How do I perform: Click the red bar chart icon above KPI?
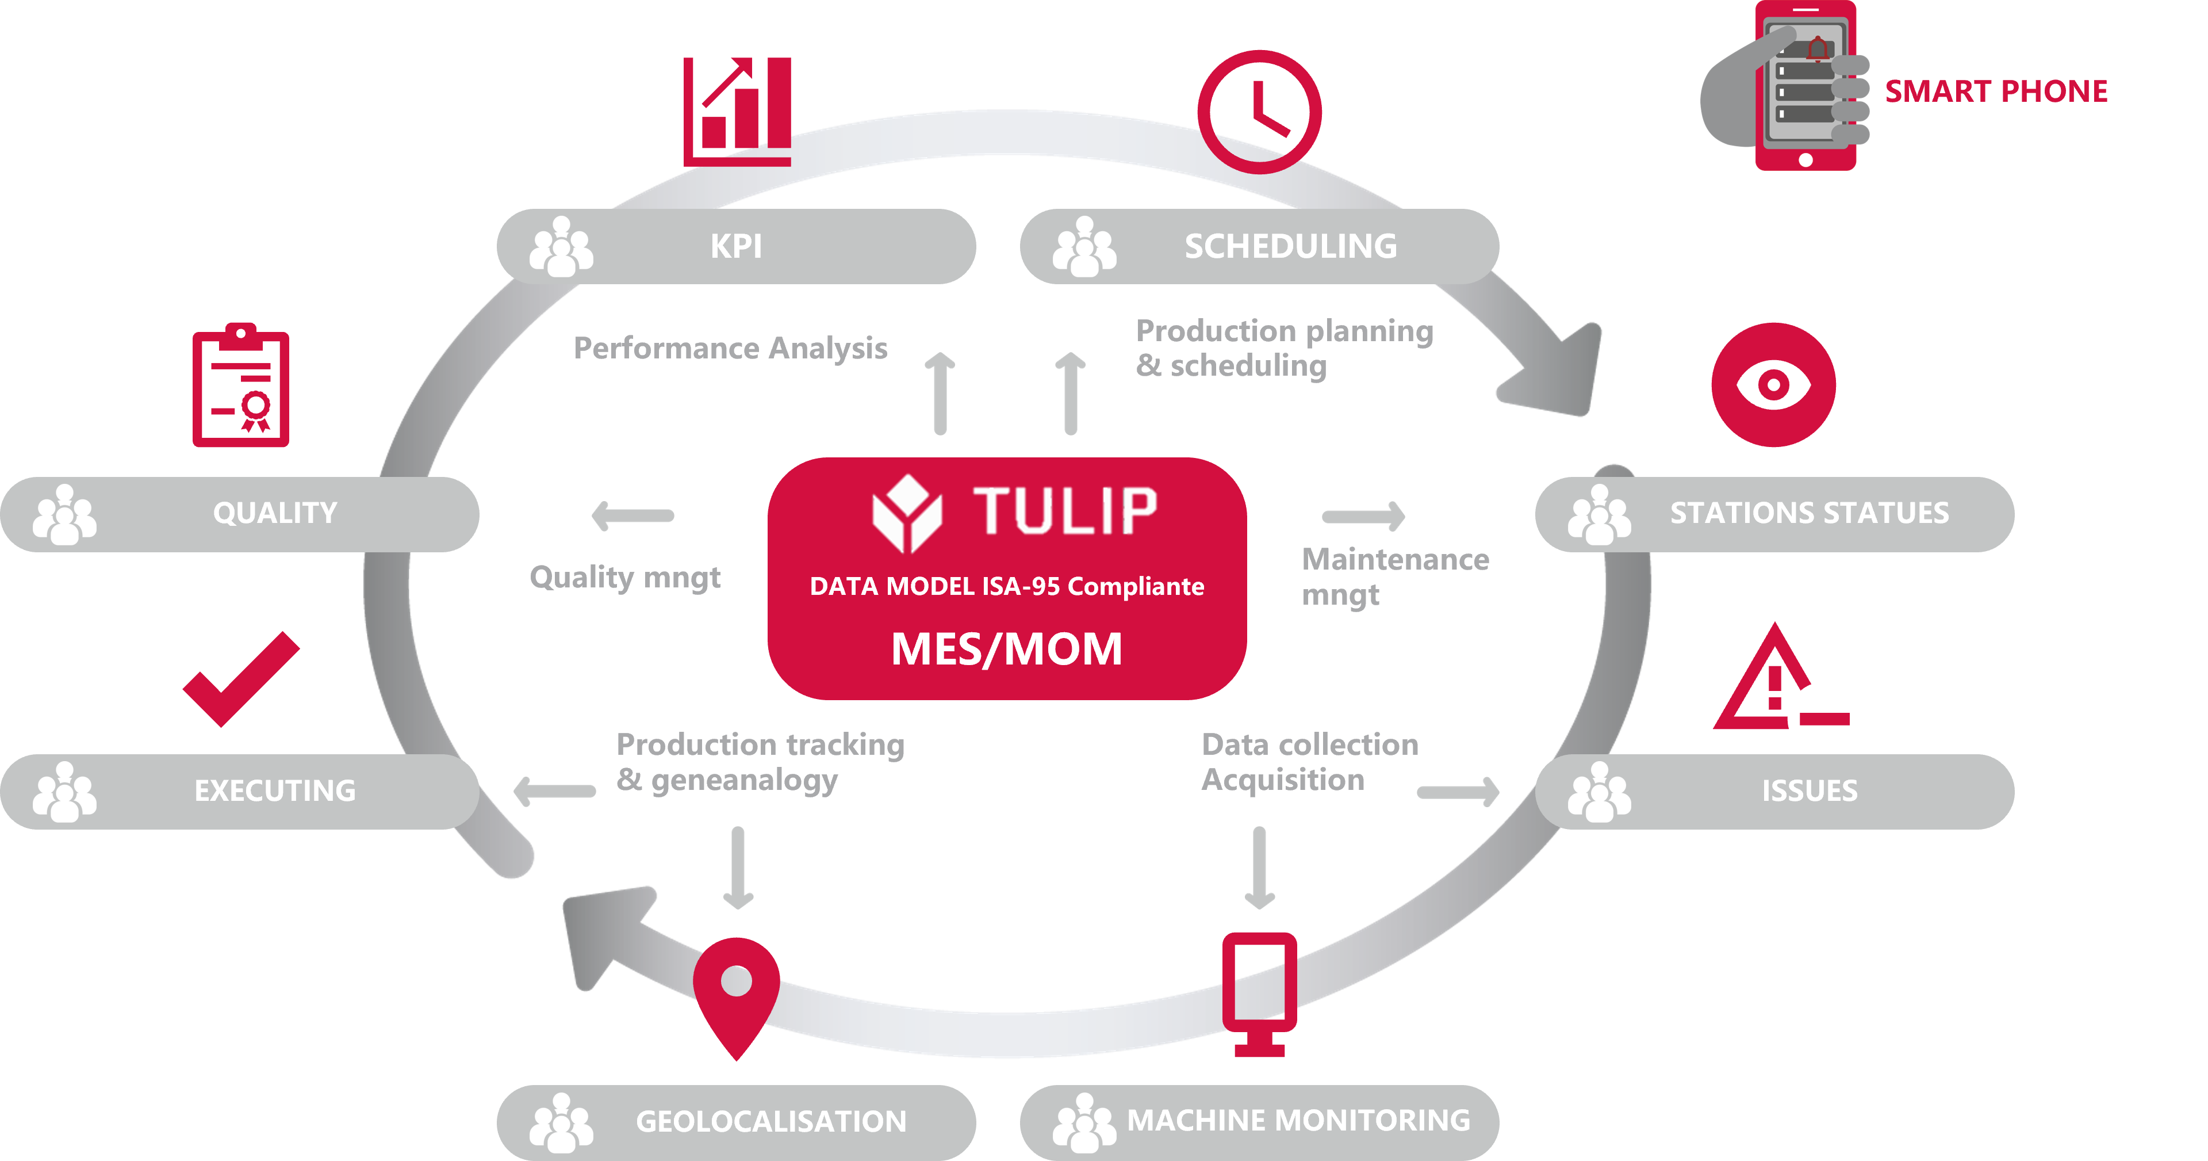[x=736, y=112]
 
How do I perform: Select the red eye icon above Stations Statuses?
[x=1773, y=384]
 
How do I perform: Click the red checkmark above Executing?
[x=241, y=679]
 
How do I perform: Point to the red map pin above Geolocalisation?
[x=736, y=996]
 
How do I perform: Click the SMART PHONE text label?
[x=1995, y=91]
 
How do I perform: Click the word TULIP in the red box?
[x=1064, y=511]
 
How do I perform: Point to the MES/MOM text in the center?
[x=1006, y=648]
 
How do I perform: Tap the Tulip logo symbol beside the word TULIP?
[x=907, y=513]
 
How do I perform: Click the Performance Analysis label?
[x=730, y=348]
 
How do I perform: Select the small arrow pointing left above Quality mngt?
[x=632, y=515]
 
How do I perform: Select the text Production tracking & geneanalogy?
[x=760, y=763]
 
